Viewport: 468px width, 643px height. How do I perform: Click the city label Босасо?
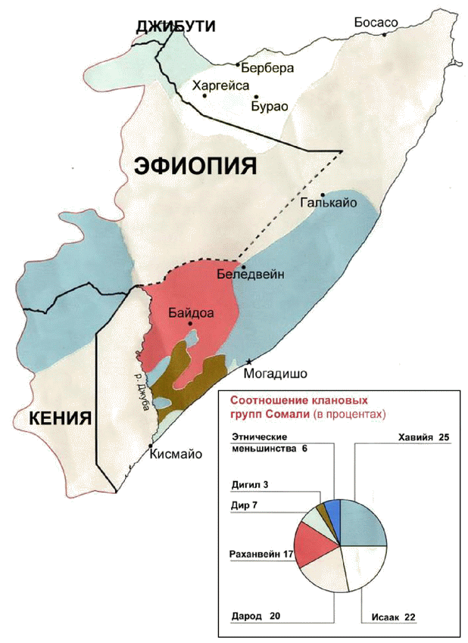376,23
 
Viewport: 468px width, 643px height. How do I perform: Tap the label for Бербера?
267,68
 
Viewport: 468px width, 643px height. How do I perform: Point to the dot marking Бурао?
257,97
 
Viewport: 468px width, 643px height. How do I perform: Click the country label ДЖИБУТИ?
176,27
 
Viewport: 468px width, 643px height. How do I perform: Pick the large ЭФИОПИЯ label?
196,166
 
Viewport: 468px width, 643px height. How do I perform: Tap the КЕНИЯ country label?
60,418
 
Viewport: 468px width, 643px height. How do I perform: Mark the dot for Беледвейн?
243,268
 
